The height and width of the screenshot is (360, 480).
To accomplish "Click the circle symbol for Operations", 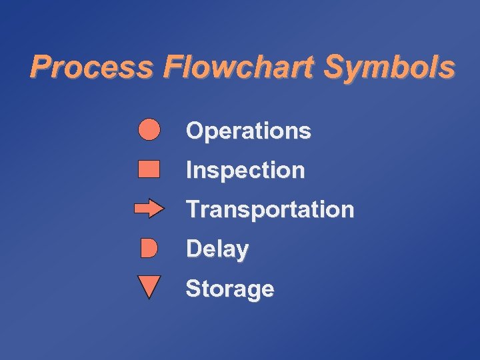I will tap(149, 129).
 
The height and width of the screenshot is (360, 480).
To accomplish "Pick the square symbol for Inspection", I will tap(149, 169).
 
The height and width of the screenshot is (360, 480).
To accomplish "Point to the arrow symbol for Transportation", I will tap(149, 209).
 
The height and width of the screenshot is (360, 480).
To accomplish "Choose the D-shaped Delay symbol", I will tap(149, 249).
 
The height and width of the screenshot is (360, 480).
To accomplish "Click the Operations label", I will tap(248, 131).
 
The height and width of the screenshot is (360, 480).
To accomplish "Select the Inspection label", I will tap(245, 171).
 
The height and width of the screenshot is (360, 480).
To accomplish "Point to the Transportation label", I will tap(270, 209).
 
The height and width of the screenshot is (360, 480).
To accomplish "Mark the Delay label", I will tap(217, 249).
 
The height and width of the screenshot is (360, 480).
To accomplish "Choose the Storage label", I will tap(229, 289).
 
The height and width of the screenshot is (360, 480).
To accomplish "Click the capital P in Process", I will tap(41, 67).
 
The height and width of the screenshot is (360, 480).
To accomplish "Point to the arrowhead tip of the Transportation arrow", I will tap(162, 209).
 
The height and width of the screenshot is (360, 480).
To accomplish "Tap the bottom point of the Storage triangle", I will tap(149, 298).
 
